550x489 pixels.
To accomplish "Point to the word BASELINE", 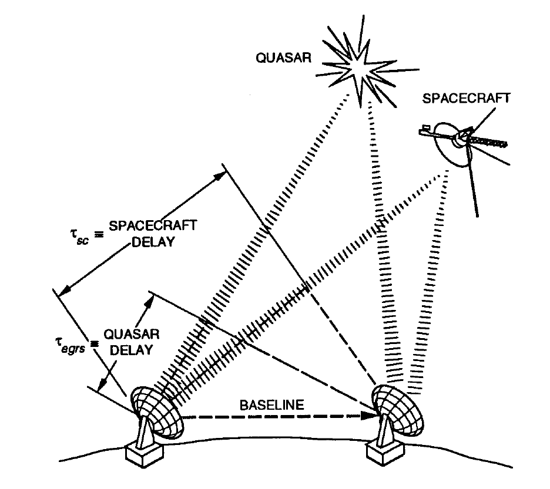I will click(x=263, y=406).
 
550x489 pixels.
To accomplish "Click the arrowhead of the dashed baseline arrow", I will click(x=370, y=416).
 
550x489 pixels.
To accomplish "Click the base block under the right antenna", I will click(x=383, y=453).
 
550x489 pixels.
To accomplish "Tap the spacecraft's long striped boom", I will click(x=491, y=141).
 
